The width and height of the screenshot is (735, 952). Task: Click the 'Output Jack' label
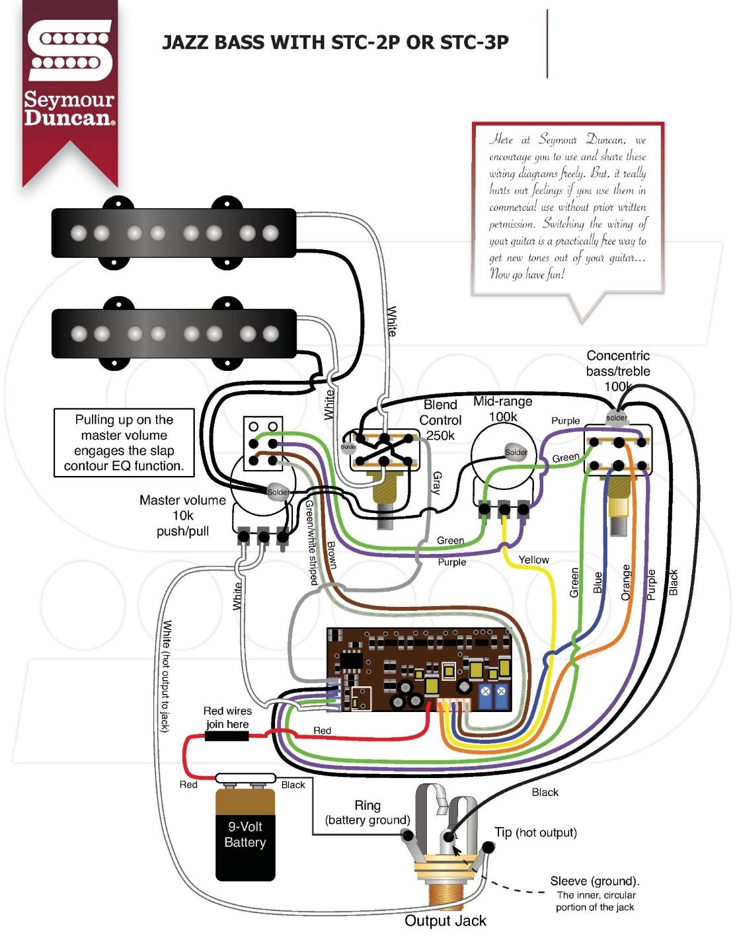(x=445, y=921)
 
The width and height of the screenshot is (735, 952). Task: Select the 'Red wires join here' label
(x=227, y=717)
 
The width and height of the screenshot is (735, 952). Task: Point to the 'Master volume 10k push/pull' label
(x=182, y=516)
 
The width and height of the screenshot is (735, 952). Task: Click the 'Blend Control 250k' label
(x=440, y=420)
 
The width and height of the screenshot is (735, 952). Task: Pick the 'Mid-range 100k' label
(x=502, y=409)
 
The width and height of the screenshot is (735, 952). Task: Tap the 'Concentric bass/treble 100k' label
(x=618, y=371)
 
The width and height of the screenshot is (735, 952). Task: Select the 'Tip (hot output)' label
(x=535, y=832)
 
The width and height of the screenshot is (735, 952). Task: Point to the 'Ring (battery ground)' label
(x=367, y=813)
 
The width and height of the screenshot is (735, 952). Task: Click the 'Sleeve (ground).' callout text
(x=594, y=881)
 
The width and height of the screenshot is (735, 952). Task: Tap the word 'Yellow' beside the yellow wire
(x=533, y=560)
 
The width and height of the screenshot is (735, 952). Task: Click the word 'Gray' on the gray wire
(x=436, y=483)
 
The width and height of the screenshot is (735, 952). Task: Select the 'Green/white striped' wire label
(x=311, y=542)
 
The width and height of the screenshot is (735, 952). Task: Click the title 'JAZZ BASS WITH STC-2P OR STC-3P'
(x=335, y=43)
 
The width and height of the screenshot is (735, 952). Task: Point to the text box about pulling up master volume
(x=124, y=442)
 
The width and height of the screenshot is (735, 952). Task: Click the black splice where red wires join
(x=227, y=736)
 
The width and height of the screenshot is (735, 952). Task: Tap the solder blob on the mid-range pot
(x=516, y=452)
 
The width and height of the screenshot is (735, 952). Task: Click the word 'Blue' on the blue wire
(x=598, y=582)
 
